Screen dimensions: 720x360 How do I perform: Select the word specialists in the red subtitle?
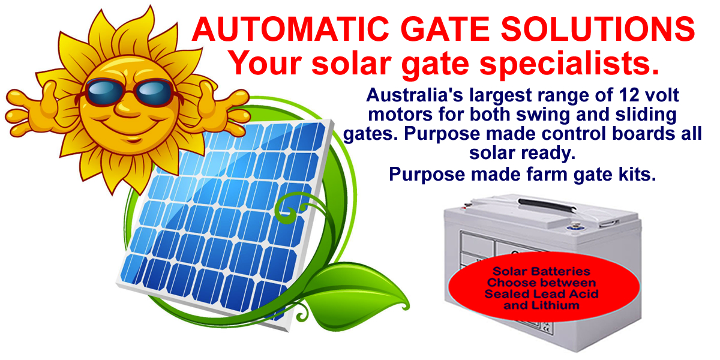pyautogui.click(x=569, y=64)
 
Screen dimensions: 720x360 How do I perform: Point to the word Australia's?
pyautogui.click(x=415, y=95)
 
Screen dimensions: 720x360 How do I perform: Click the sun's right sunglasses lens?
pyautogui.click(x=154, y=92)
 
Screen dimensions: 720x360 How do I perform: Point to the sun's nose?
pyautogui.click(x=127, y=109)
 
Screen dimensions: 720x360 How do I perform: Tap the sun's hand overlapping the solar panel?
pyautogui.click(x=222, y=107)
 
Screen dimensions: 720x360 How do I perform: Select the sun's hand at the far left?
pyautogui.click(x=32, y=107)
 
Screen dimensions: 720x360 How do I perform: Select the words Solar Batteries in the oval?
pyautogui.click(x=542, y=271)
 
